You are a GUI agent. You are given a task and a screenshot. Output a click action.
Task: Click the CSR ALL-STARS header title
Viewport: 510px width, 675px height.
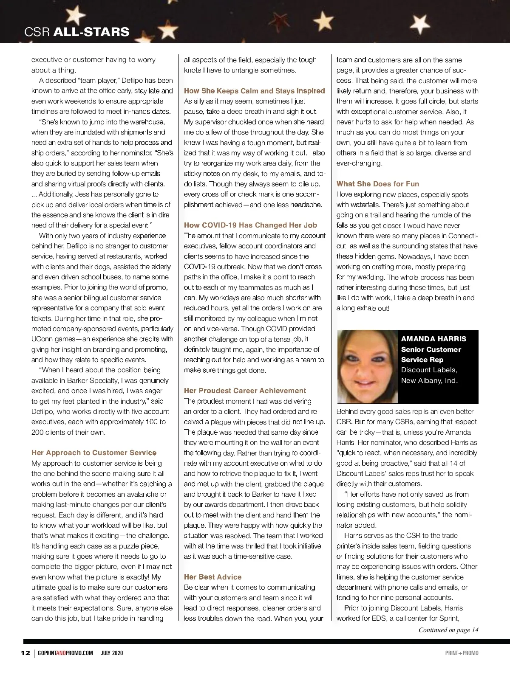click(x=77, y=31)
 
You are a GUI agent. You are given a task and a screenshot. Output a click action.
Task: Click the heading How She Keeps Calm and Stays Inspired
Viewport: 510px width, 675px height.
click(x=254, y=91)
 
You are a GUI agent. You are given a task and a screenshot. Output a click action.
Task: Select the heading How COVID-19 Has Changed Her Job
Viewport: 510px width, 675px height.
click(x=250, y=225)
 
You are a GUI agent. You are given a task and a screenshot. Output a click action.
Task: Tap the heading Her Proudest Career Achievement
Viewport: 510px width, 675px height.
click(x=245, y=391)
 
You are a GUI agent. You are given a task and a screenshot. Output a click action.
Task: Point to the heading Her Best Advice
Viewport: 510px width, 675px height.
click(x=212, y=577)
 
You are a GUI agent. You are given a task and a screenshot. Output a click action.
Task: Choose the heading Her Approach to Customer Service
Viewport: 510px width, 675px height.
click(x=94, y=453)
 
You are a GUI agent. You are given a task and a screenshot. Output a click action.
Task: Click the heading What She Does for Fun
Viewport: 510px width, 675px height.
click(x=377, y=184)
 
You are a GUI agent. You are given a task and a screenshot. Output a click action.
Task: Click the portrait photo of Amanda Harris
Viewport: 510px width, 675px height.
click(x=368, y=366)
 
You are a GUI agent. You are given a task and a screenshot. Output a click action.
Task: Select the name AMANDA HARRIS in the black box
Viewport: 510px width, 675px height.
click(x=433, y=339)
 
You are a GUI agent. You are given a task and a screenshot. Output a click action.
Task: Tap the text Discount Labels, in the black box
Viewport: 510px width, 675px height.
click(x=429, y=370)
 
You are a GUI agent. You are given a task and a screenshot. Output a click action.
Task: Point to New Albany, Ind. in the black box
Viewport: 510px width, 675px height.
click(x=429, y=380)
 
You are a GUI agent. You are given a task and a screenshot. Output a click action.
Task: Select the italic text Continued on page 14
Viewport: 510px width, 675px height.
click(x=448, y=630)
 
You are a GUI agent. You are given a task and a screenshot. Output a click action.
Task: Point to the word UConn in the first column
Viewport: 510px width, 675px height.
click(x=42, y=339)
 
